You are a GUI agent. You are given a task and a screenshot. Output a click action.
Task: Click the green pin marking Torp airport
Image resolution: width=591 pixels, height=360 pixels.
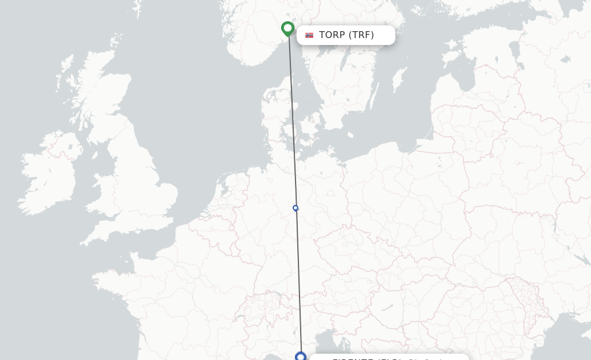(x=287, y=28)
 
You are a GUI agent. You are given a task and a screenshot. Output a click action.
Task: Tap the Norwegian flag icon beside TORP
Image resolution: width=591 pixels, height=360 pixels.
(x=309, y=35)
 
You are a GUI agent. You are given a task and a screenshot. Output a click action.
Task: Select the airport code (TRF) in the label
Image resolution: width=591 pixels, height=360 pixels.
(x=361, y=35)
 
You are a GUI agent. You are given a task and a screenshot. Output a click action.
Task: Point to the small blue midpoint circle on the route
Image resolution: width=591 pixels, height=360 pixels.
(x=295, y=208)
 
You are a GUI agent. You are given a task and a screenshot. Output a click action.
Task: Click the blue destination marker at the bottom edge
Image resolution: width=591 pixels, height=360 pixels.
(x=300, y=356)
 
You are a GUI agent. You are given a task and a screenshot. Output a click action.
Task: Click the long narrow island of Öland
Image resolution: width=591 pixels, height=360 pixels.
(x=375, y=95)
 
